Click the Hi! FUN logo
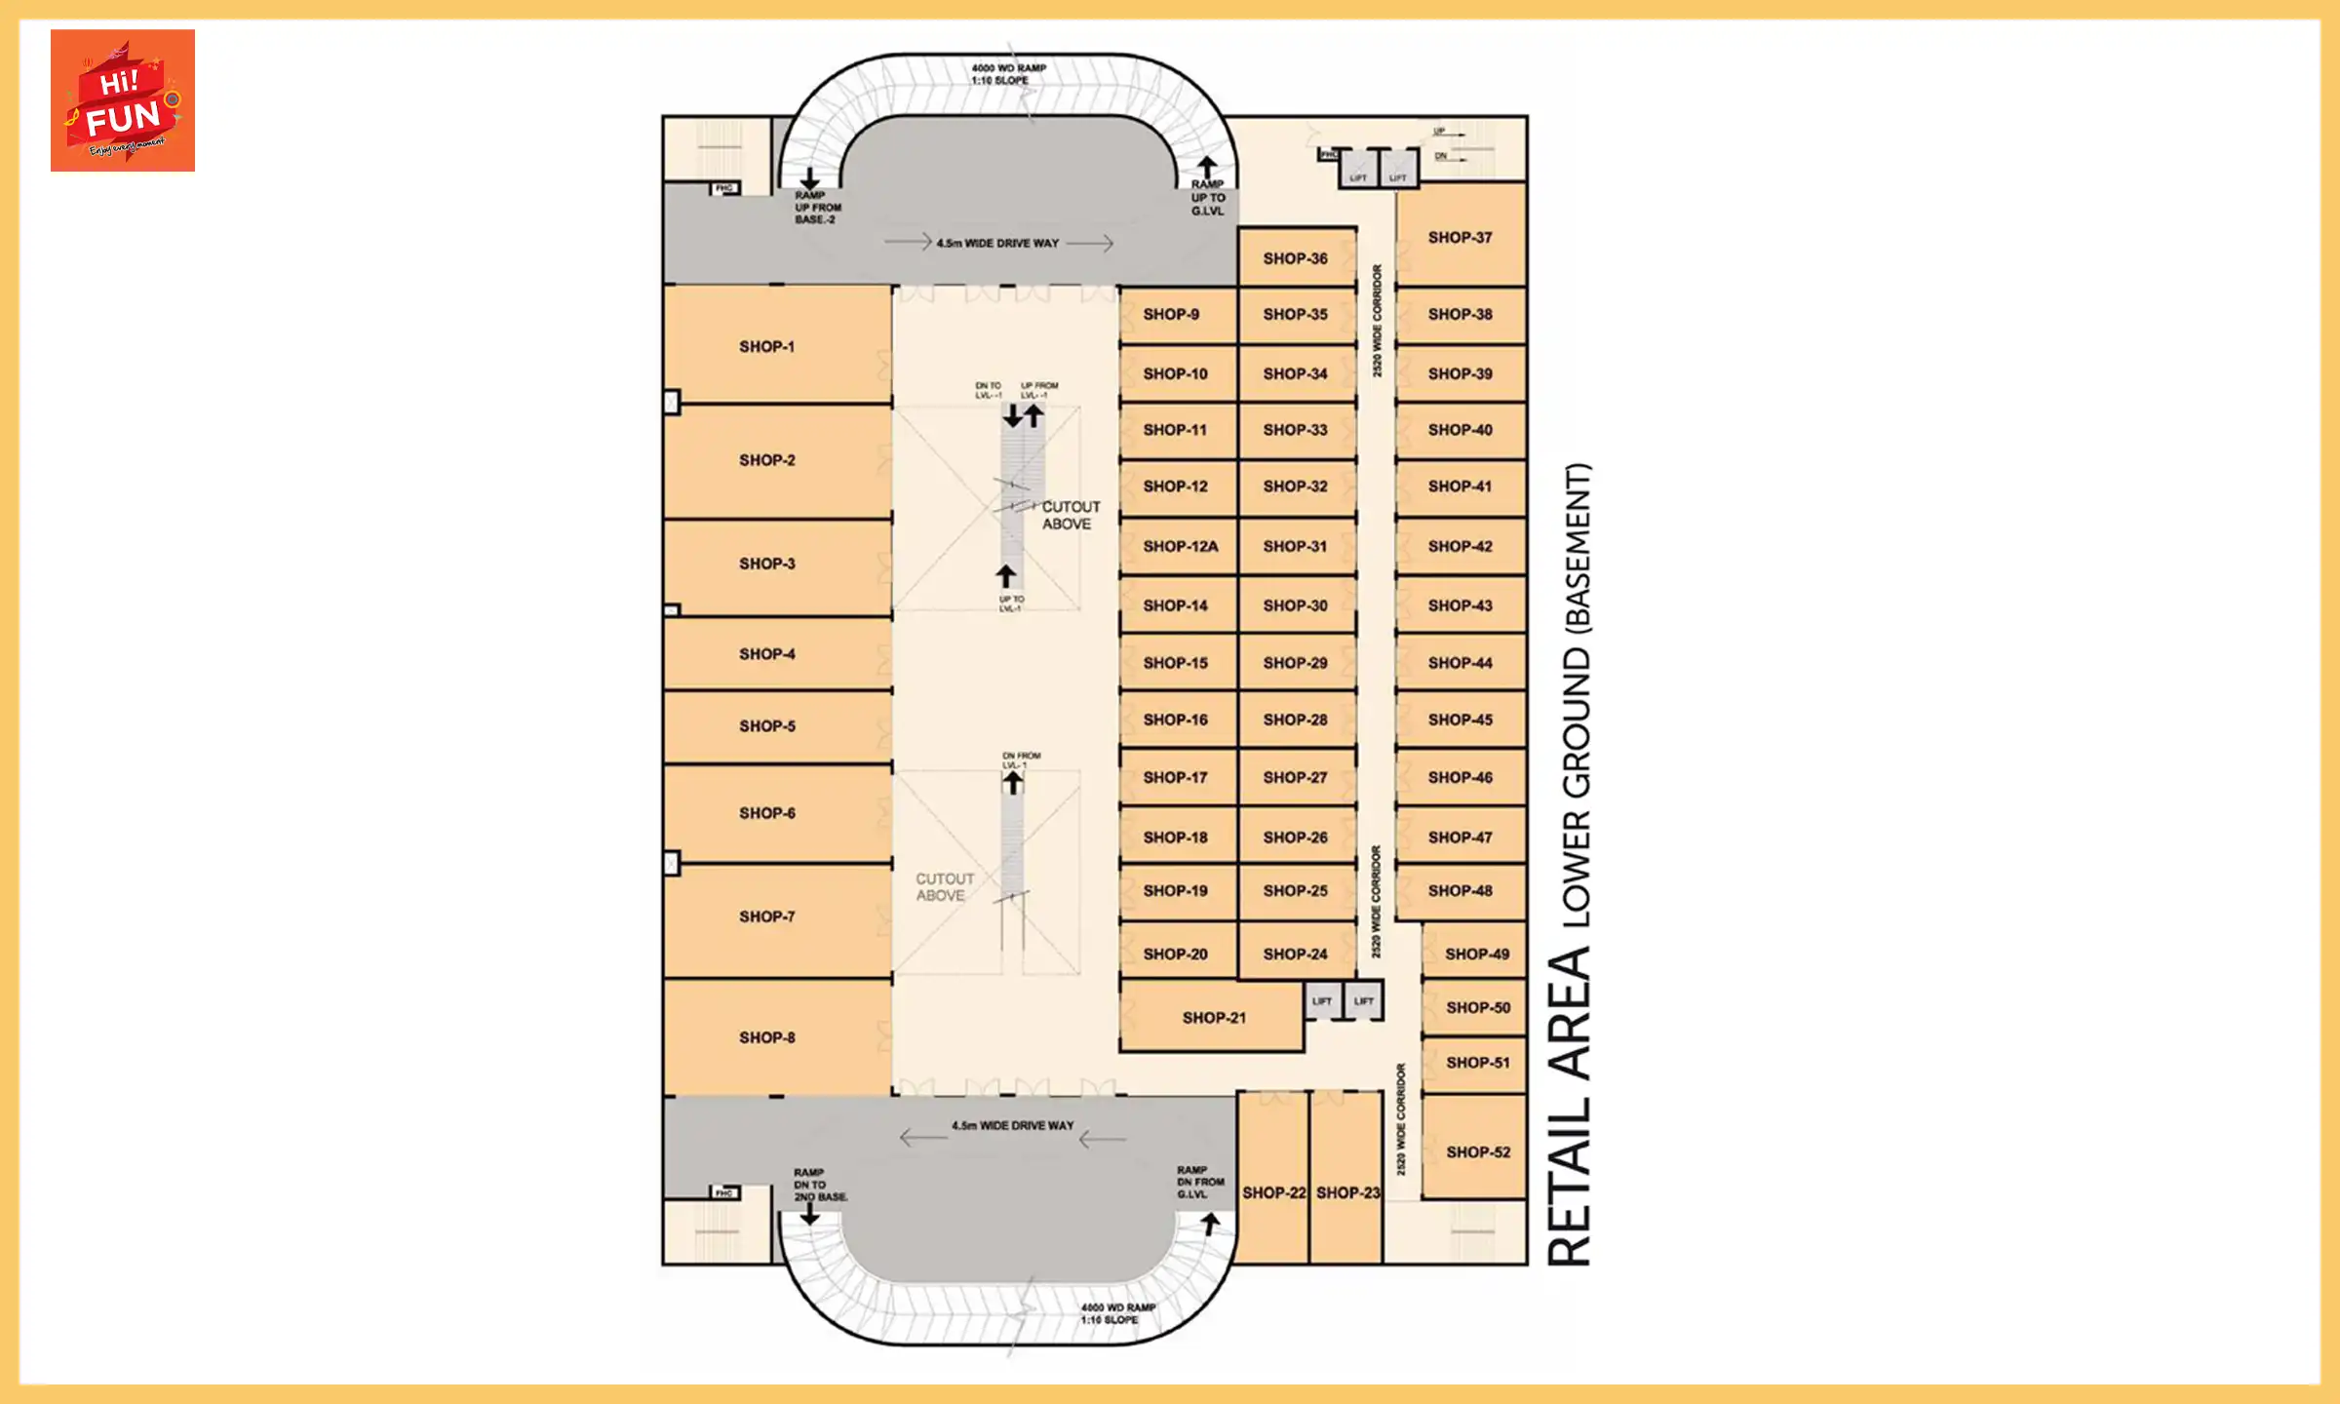click(x=123, y=100)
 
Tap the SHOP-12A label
click(x=1180, y=547)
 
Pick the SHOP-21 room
click(x=1212, y=1017)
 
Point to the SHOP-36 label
click(x=1295, y=258)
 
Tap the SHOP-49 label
click(x=1476, y=955)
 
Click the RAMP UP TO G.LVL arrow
click(x=1207, y=167)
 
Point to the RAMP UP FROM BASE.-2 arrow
click(x=809, y=179)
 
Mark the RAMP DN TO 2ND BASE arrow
click(x=809, y=1215)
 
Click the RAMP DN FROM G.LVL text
click(x=1199, y=1182)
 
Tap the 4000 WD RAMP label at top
click(x=1008, y=68)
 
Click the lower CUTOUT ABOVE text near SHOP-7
click(x=943, y=887)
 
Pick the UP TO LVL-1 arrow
click(x=1006, y=576)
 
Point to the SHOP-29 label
click(x=1295, y=663)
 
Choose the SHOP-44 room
click(x=1460, y=663)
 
